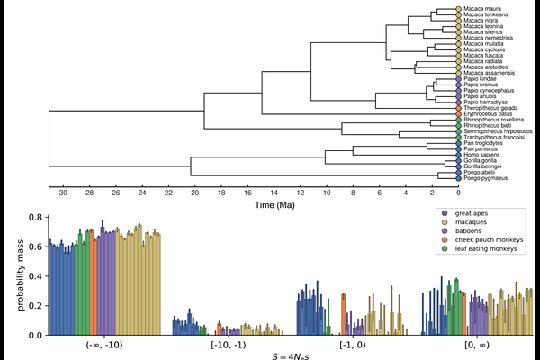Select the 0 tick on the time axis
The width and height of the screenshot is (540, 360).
tap(458, 193)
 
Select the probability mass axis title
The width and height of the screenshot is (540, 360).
tap(19, 276)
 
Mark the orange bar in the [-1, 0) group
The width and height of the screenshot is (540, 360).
tap(344, 314)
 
